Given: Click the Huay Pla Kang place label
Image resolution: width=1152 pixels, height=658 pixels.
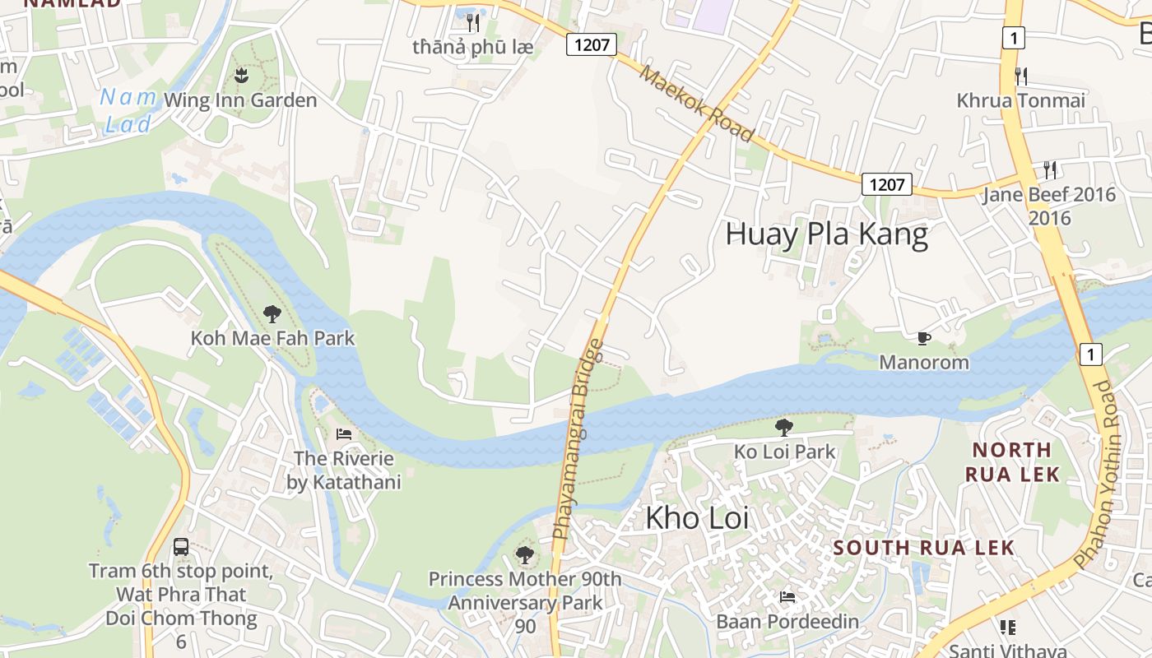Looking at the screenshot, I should (x=826, y=234).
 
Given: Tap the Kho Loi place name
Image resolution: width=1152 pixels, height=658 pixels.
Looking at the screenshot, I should (x=697, y=518).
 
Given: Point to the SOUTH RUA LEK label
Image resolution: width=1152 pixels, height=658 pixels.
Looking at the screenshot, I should (x=924, y=548).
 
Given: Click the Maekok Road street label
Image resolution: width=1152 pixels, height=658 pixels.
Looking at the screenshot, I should (x=697, y=104).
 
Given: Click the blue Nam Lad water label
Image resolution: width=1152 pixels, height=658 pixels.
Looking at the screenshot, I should (x=128, y=110).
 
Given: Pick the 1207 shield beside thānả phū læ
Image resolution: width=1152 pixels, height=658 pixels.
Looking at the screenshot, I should (x=592, y=44).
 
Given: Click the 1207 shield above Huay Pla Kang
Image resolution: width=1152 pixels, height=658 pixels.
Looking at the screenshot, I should (x=887, y=184).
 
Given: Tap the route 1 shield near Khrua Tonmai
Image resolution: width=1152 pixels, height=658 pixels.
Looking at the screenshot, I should (x=1014, y=38).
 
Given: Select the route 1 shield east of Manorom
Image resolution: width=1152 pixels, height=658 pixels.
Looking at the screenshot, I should (x=1090, y=354).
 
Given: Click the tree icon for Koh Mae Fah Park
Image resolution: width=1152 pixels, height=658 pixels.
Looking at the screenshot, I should (x=272, y=313).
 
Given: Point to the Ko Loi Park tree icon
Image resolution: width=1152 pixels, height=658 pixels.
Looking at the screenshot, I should (x=784, y=427).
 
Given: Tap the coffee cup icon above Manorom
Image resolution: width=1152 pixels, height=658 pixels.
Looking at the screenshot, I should (x=924, y=338).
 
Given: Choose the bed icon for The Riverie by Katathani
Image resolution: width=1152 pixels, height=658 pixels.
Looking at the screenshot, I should (x=344, y=434).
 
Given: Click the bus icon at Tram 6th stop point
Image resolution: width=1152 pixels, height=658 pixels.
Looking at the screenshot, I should (x=181, y=546).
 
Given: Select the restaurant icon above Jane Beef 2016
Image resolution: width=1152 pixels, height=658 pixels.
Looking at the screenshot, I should (x=1049, y=170).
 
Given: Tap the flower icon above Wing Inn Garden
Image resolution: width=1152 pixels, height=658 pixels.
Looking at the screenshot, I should (x=240, y=76).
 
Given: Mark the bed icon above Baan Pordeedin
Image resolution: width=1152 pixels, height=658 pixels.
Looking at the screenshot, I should (x=787, y=597).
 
